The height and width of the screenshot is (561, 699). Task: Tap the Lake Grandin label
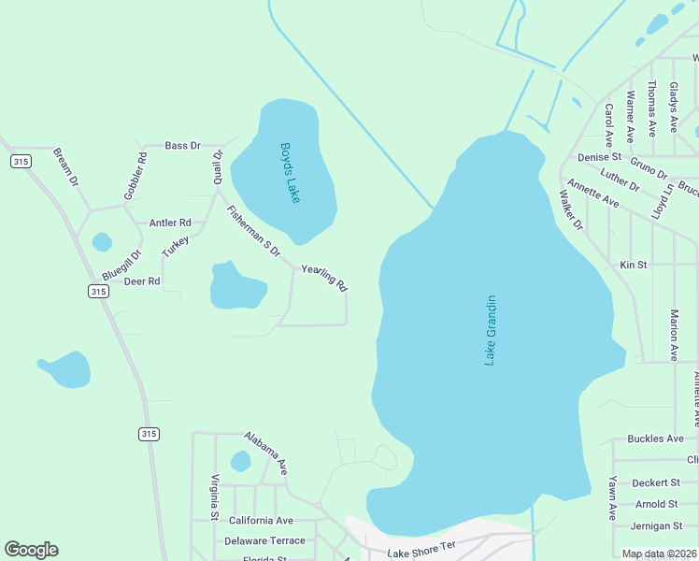coord(490,330)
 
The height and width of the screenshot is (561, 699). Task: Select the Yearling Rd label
coord(324,278)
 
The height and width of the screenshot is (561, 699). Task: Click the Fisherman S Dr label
coord(252,232)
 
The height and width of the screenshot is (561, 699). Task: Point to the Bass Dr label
coord(183,146)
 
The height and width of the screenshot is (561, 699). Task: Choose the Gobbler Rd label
coord(136,176)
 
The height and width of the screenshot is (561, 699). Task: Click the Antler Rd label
coord(170,223)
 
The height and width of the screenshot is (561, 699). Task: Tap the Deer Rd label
coord(142,280)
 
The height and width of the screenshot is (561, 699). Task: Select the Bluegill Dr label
coord(121,267)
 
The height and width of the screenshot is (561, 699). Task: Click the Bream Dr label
coord(65,166)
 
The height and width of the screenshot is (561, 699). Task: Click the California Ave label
coord(261,521)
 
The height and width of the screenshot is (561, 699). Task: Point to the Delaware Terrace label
coord(264,540)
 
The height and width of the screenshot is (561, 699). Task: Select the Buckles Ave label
coord(656,439)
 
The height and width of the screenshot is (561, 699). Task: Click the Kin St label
coord(634,266)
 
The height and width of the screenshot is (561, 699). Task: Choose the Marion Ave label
coord(674,334)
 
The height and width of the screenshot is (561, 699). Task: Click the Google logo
coord(31,550)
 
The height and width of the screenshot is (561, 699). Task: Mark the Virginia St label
coord(214,496)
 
